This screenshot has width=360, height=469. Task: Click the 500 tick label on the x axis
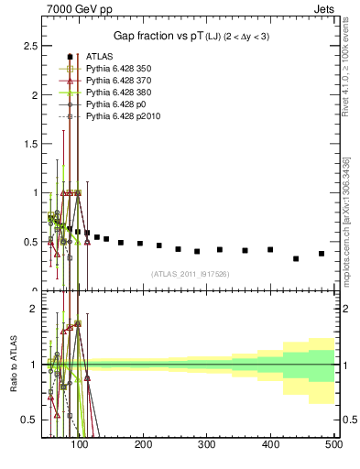coord(333,445)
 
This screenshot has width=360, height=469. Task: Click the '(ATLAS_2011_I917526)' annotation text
coord(189,273)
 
